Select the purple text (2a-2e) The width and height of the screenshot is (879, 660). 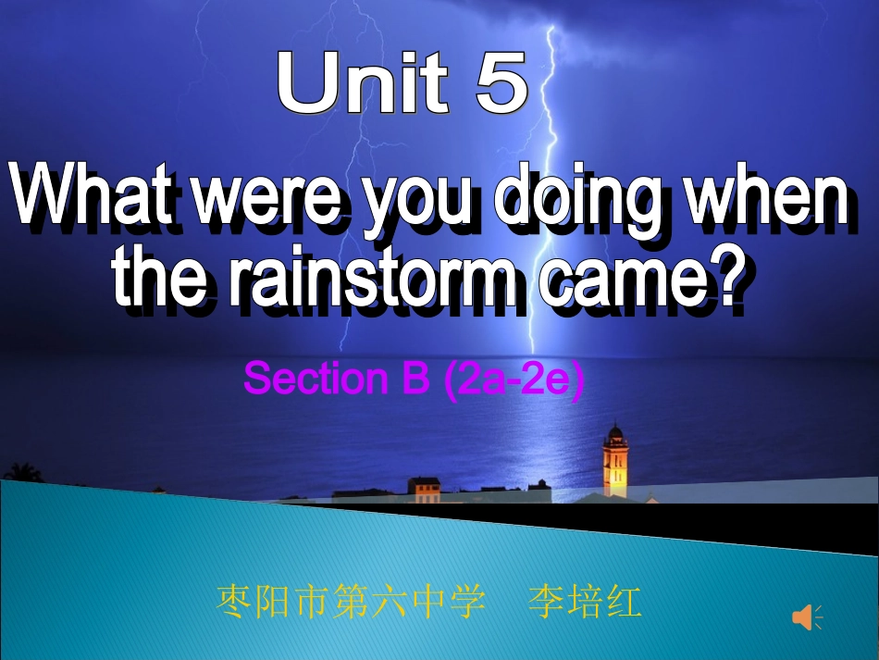coord(514,380)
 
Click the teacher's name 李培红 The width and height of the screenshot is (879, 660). coord(584,603)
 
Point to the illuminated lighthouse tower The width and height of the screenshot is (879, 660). coord(614,463)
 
